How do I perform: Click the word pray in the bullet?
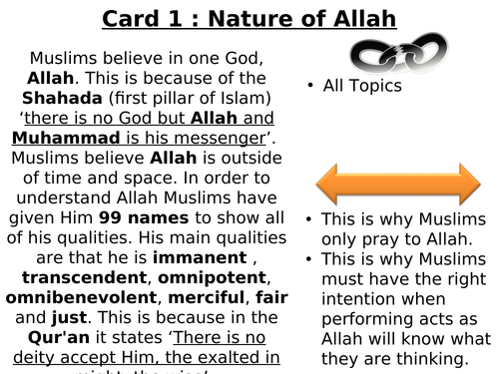pyautogui.click(x=359, y=240)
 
